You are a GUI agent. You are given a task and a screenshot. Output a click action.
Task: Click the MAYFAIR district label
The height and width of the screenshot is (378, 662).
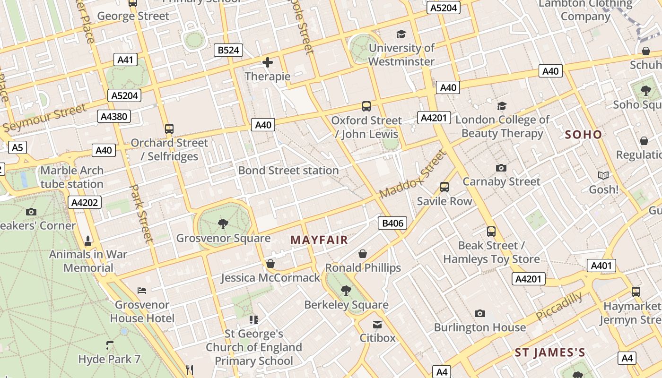point(319,240)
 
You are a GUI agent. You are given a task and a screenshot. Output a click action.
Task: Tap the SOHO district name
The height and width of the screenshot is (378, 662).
point(584,135)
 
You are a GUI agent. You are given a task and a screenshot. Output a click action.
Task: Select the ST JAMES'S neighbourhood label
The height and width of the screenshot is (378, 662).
point(550,352)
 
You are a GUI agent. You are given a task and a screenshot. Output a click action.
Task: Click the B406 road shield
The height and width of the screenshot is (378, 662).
point(392,223)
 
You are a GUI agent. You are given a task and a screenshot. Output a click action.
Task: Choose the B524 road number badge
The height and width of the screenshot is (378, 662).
point(228,50)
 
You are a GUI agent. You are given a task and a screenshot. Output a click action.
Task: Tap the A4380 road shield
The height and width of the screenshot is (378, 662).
point(114,116)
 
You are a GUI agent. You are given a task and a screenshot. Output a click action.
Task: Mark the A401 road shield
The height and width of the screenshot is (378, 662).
point(601,266)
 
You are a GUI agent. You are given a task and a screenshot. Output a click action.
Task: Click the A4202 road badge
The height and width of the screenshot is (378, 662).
point(85,203)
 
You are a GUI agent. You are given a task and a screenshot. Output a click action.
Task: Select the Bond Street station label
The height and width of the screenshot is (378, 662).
point(288,171)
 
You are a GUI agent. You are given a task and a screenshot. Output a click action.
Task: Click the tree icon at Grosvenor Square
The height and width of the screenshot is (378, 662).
point(223,223)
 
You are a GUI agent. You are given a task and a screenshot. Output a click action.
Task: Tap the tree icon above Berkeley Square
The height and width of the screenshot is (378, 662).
point(346,291)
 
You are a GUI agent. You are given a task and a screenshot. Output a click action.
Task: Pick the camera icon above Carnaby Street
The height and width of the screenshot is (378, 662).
point(501,168)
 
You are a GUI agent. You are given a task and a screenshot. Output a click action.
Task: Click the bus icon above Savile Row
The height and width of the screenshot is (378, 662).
point(444,187)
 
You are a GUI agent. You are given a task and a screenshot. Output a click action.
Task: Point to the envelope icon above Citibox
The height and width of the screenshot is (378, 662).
point(377,325)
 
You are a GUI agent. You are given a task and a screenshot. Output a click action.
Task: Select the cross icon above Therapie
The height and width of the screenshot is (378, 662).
point(268,62)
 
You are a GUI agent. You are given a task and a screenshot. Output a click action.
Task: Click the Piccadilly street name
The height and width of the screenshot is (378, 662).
point(560,306)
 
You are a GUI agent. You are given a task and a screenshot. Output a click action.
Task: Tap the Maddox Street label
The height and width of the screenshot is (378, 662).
point(413,174)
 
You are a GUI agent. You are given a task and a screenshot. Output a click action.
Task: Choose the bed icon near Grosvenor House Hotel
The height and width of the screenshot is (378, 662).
point(142,290)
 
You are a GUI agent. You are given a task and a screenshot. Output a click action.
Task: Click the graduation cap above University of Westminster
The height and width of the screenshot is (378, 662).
point(401,34)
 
